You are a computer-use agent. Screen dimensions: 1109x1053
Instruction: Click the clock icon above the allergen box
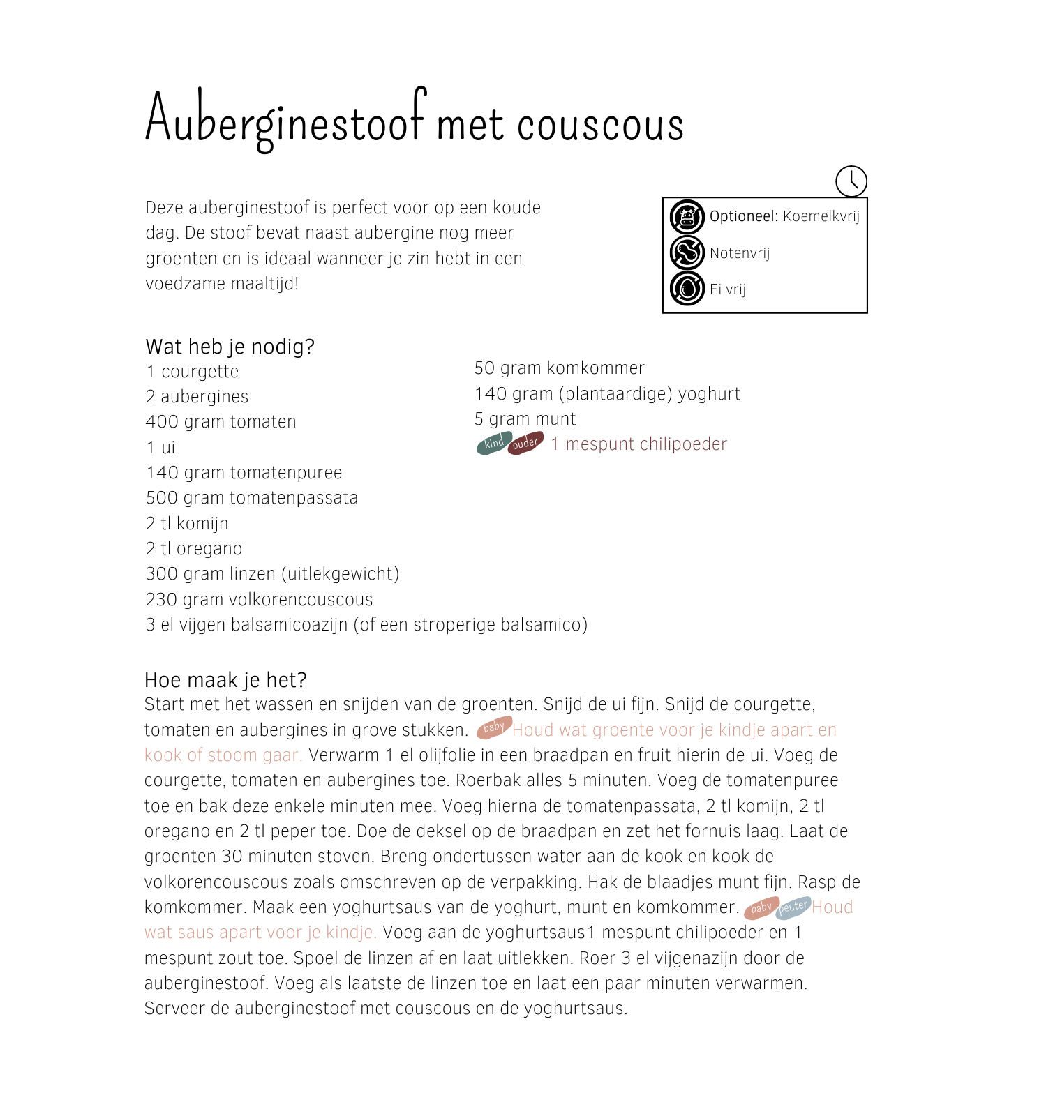[851, 181]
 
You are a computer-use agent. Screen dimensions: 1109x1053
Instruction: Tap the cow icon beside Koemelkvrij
[687, 217]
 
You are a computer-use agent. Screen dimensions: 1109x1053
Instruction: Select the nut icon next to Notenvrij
[687, 252]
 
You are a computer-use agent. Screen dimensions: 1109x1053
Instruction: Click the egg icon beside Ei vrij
[687, 289]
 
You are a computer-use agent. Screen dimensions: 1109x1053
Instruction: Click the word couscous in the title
[600, 124]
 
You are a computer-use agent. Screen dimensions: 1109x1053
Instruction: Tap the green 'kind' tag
[493, 444]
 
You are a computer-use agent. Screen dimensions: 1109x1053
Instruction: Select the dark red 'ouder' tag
[525, 444]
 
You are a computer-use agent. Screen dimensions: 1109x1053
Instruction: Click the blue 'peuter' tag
[793, 907]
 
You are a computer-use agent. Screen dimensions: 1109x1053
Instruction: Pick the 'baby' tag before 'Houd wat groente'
[494, 727]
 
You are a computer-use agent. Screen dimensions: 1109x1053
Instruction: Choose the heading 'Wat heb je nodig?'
[230, 347]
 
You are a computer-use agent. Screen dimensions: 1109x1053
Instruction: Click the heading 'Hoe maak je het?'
[225, 680]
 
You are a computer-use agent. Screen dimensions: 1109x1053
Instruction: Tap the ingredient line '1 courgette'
[193, 372]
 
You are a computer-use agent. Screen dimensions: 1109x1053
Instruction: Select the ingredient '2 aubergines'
[197, 397]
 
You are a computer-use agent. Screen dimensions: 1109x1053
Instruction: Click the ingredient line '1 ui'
[160, 448]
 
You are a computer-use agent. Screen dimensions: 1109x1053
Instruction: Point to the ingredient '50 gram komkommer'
[559, 368]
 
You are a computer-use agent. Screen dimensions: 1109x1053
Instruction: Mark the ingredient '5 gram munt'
[525, 419]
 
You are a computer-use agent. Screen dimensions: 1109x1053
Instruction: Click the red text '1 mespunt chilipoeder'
[638, 444]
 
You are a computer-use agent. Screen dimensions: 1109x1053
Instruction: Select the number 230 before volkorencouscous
[160, 600]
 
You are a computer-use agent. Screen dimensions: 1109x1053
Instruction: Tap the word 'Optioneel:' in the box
[743, 216]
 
